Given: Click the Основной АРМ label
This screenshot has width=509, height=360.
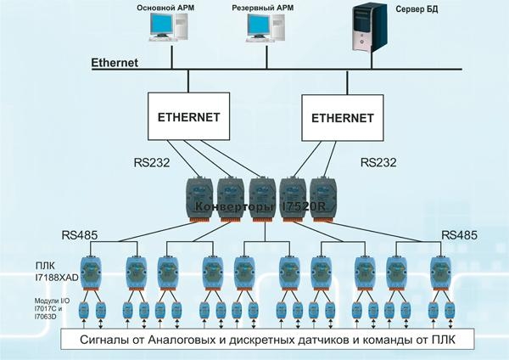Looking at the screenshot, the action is click(x=165, y=8).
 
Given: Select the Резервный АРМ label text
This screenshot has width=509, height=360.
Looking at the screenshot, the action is click(x=262, y=8).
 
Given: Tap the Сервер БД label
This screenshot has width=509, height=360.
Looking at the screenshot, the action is click(x=417, y=9).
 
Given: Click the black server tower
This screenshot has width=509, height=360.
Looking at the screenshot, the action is click(x=370, y=28).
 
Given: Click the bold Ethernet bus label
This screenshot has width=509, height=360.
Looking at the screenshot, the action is click(x=115, y=62).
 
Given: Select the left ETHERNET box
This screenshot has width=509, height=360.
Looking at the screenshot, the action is click(x=188, y=116).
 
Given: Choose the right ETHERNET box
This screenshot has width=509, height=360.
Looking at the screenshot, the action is click(x=343, y=118).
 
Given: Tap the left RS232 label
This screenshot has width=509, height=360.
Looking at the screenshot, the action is click(x=152, y=162).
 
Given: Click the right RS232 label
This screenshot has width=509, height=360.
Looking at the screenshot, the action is click(x=378, y=162).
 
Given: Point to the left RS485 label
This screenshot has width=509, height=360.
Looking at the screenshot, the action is click(x=80, y=235).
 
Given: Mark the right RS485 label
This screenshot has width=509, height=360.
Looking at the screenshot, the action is click(x=460, y=235).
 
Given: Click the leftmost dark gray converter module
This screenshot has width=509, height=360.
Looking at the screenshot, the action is click(x=199, y=200).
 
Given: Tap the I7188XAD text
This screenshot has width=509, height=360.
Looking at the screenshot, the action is click(x=57, y=278).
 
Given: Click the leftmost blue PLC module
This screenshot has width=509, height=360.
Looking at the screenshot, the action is click(x=91, y=273).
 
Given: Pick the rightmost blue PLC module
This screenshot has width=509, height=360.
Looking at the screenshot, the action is click(x=441, y=273).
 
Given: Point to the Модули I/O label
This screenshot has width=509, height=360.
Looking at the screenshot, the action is click(x=53, y=301).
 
